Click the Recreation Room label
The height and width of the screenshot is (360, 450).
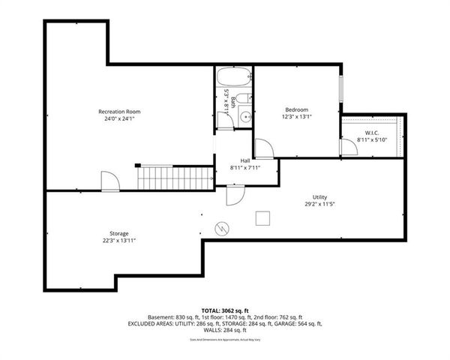click(119, 112)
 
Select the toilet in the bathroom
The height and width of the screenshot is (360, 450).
click(247, 97)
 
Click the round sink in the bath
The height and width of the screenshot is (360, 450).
click(244, 118)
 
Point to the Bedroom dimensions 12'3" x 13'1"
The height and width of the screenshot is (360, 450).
click(296, 117)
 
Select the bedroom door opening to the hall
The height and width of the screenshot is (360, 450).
click(263, 148)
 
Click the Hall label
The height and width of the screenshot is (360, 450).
click(244, 160)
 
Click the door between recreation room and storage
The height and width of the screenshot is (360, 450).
click(109, 181)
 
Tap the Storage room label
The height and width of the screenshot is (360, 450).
click(118, 233)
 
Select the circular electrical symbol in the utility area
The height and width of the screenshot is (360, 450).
click(223, 227)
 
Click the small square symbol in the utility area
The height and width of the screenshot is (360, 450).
click(262, 217)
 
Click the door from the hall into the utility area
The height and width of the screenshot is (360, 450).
click(235, 195)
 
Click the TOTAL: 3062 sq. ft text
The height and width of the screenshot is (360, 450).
click(224, 310)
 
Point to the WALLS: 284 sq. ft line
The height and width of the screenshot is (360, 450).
click(224, 330)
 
